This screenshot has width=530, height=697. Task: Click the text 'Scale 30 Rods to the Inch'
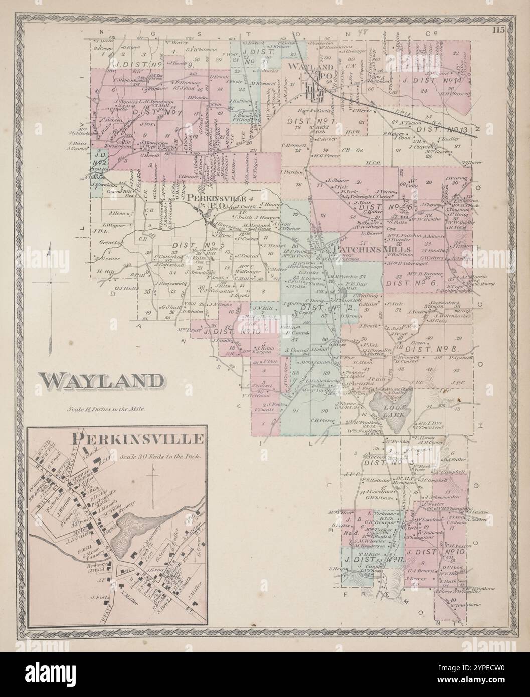pos(160,457)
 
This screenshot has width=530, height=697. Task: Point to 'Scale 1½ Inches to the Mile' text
pos(106,409)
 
